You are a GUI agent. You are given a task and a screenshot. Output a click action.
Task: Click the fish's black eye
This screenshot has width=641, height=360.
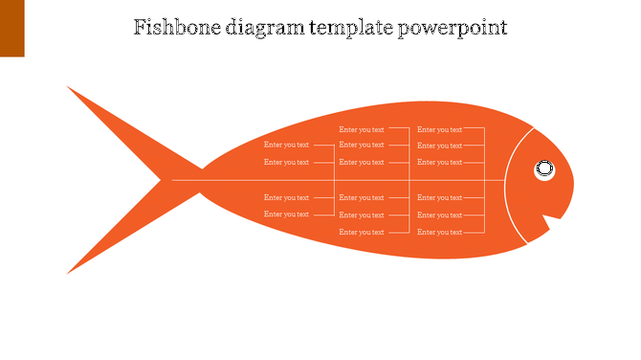(x=543, y=169)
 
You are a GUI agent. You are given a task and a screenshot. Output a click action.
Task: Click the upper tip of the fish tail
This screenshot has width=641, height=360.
(x=69, y=88)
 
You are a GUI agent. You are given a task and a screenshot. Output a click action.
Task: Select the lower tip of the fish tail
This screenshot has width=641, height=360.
(x=69, y=272)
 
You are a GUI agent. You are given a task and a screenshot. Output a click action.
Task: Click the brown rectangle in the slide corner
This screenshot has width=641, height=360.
(x=11, y=28)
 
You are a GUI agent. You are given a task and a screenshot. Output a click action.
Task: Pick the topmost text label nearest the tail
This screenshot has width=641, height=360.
(x=286, y=145)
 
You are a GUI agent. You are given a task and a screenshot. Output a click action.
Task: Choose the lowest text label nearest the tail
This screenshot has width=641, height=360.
(x=286, y=214)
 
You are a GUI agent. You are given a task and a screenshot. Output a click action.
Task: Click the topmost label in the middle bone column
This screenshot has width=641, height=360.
(x=362, y=129)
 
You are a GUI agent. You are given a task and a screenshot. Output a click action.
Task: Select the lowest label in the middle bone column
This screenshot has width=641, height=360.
(x=362, y=232)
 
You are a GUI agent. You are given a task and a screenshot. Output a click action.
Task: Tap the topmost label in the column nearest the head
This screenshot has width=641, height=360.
(x=439, y=129)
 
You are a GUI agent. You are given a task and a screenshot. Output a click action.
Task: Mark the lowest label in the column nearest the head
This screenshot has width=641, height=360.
(x=439, y=232)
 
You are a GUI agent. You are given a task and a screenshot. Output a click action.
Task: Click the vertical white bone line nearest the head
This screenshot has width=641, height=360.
(x=485, y=153)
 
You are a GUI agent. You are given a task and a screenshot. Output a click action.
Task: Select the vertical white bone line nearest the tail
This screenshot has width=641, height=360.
(x=334, y=163)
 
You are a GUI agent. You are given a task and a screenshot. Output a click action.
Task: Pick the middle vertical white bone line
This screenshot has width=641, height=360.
(x=409, y=153)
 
